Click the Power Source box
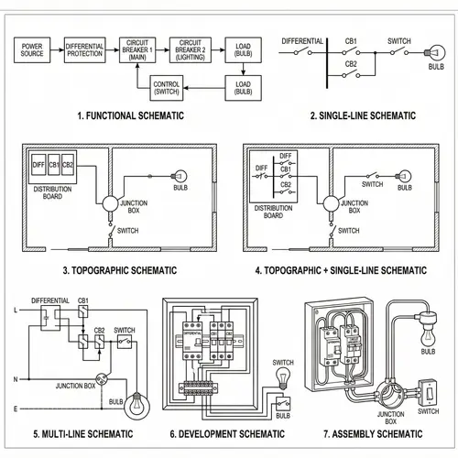(x=31, y=49)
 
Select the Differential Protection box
(x=83, y=49)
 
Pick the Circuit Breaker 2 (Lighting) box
(x=191, y=49)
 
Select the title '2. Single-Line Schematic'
(x=363, y=116)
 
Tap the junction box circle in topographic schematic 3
(x=111, y=203)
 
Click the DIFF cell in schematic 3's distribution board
(x=38, y=165)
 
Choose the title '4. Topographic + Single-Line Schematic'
(x=341, y=270)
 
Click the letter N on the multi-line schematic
(x=14, y=378)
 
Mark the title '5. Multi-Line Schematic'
(x=82, y=433)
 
